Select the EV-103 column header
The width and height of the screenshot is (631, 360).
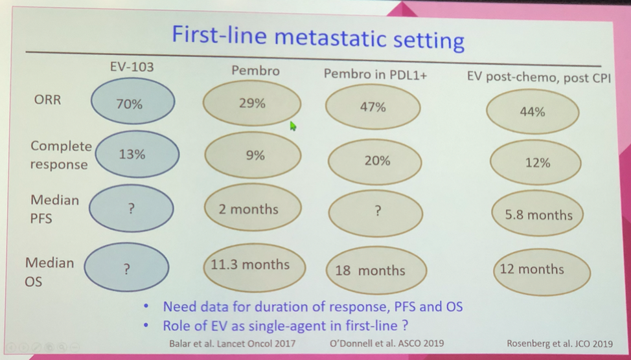pyautogui.click(x=132, y=66)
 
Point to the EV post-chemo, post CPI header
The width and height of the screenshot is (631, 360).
pyautogui.click(x=538, y=77)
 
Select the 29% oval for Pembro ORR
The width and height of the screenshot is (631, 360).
pyautogui.click(x=251, y=103)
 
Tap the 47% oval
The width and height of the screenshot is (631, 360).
pyautogui.click(x=373, y=107)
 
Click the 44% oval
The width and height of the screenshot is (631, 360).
pyautogui.click(x=531, y=112)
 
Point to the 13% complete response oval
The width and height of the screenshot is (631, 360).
pyautogui.click(x=132, y=155)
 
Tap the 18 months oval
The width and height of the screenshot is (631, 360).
pyautogui.click(x=369, y=270)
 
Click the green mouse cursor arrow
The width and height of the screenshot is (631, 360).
pyautogui.click(x=293, y=126)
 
